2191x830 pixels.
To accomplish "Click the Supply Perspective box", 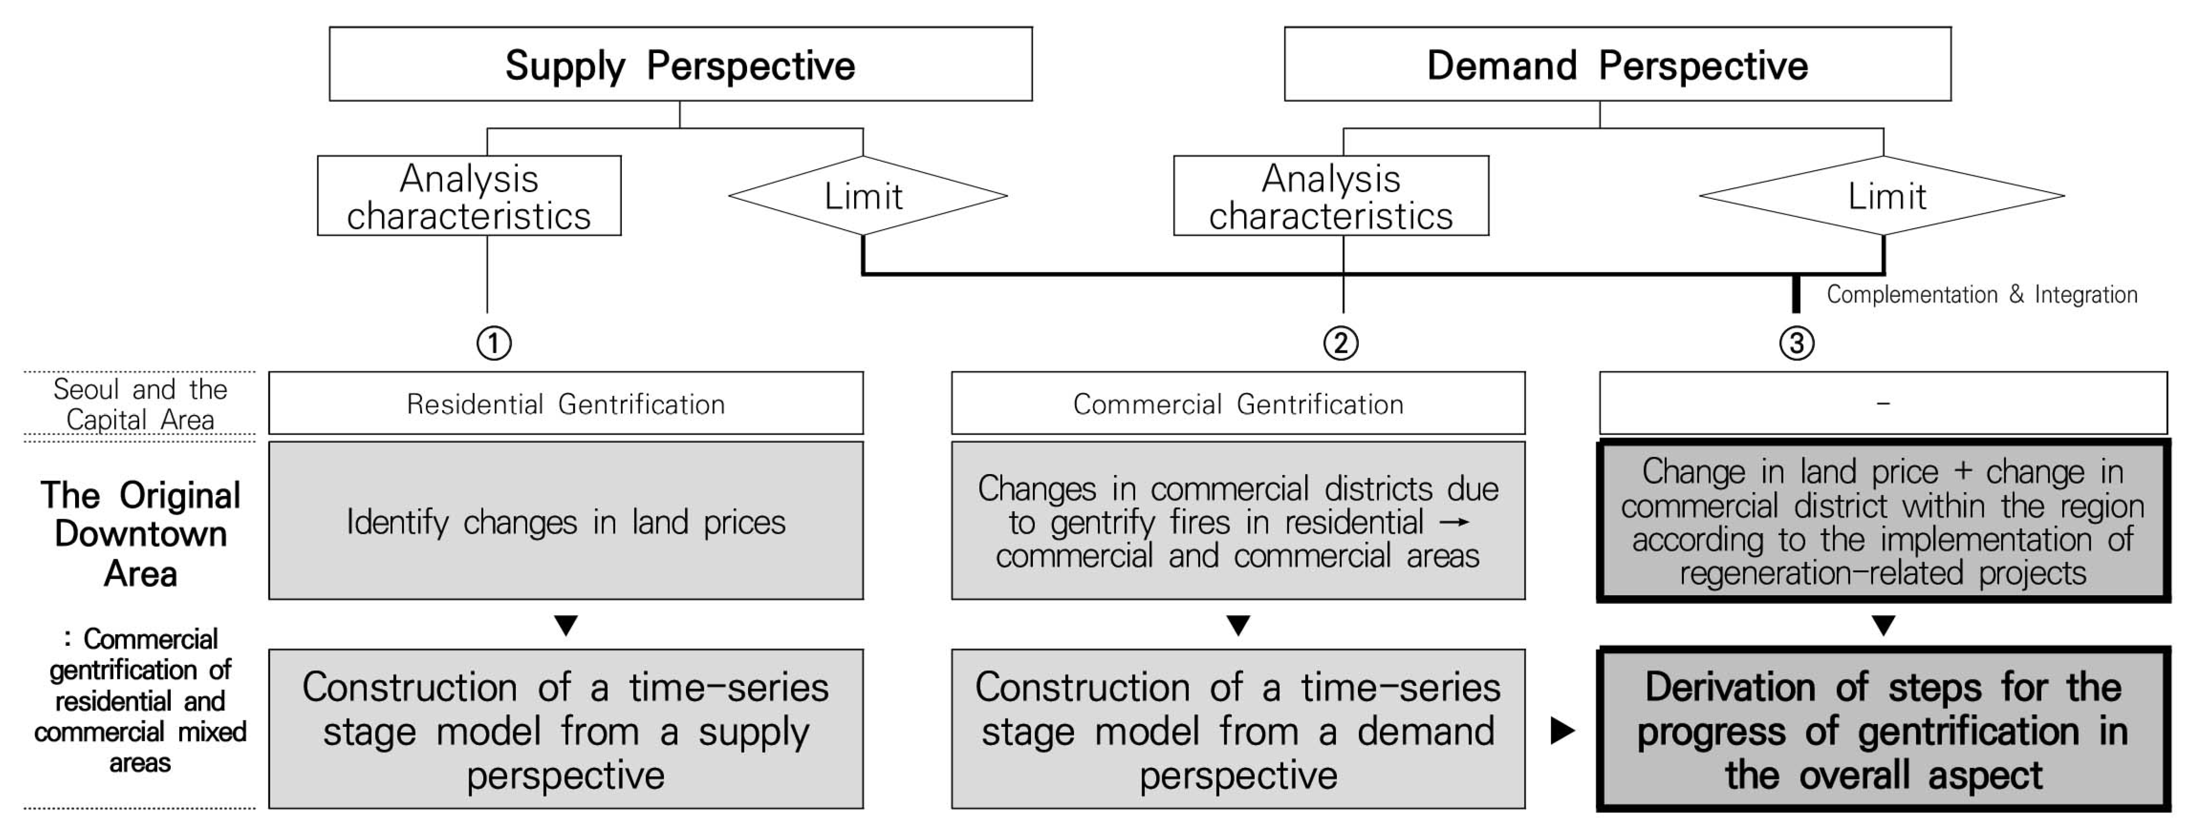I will click(x=680, y=65).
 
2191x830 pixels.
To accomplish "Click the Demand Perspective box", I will click(x=1617, y=65).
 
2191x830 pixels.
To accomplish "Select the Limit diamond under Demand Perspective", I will click(x=1882, y=196).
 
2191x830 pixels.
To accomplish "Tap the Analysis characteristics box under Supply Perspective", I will click(x=469, y=196).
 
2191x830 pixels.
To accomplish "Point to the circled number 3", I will click(x=1796, y=343).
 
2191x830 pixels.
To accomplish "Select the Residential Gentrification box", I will click(x=566, y=404).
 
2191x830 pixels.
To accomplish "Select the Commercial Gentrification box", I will click(x=1238, y=404).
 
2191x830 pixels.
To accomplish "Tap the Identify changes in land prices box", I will click(x=566, y=521).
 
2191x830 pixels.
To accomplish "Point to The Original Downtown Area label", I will click(x=140, y=534).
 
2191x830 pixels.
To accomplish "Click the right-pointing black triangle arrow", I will click(x=1562, y=730).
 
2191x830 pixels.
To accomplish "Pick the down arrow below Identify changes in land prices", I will click(x=566, y=626).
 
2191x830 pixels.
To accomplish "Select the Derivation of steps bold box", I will click(x=1882, y=730).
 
